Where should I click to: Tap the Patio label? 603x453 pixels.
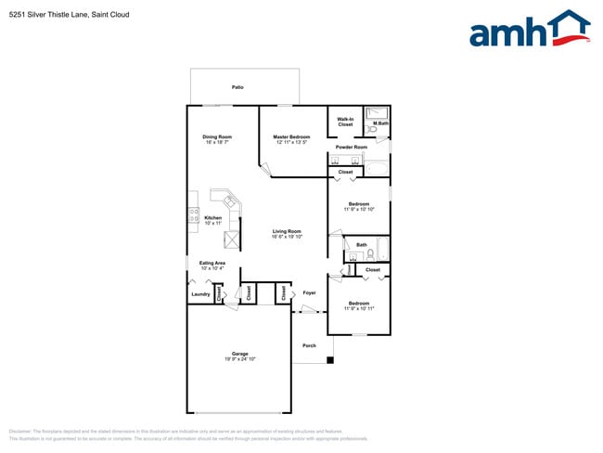point(237,87)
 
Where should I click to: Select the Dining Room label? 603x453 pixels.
point(216,137)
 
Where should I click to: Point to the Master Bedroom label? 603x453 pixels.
point(291,137)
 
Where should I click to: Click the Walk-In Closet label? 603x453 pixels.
point(345,122)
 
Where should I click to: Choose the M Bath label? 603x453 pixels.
point(380,123)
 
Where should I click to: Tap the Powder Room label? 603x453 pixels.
point(352,148)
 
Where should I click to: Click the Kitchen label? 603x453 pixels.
point(212,218)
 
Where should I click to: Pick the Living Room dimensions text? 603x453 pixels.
point(287,237)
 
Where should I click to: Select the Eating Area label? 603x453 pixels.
point(212,263)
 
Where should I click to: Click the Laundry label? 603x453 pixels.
point(200,294)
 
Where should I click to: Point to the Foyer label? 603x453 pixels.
point(310,293)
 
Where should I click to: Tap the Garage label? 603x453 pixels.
point(239,353)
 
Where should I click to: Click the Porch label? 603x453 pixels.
point(310,345)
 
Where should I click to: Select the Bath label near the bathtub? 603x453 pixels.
point(361,245)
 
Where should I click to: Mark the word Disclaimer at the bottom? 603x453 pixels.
point(21,432)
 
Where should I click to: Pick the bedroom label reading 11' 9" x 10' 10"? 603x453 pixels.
point(358,210)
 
